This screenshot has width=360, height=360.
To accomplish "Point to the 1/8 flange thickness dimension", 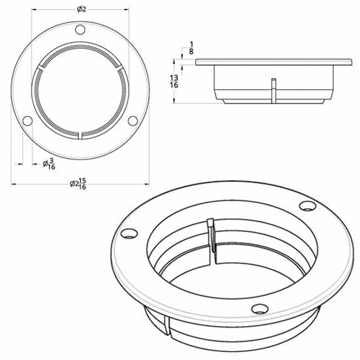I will coord(191,47).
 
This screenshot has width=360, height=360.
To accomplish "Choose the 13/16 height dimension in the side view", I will coord(173,81).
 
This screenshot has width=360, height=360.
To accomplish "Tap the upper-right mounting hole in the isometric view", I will coord(306,205).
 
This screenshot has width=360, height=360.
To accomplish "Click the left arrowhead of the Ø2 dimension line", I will coord(33,10).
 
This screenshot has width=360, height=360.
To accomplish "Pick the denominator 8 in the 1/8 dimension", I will coord(191,52).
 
